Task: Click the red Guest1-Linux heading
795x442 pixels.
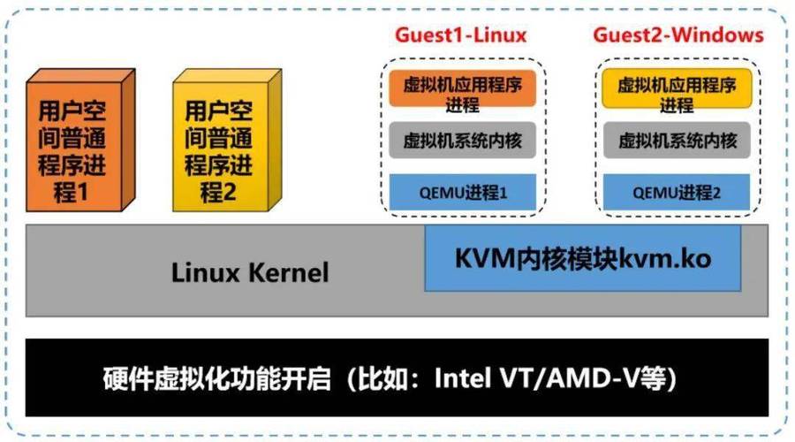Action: click(460, 35)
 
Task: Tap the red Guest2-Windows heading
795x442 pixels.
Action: click(678, 35)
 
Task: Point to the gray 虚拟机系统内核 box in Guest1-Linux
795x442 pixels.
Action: click(463, 140)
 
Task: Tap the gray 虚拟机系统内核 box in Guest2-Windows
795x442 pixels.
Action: click(677, 140)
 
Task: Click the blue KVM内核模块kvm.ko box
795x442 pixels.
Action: click(583, 258)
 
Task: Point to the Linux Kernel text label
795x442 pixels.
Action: click(250, 271)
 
